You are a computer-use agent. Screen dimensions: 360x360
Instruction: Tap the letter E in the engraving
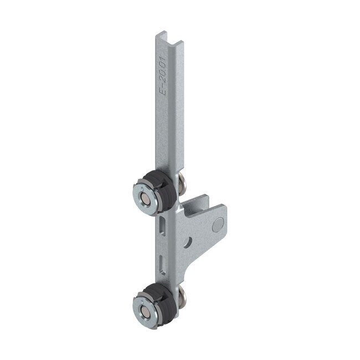(x=163, y=105)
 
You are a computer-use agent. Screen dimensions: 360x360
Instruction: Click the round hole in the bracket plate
(x=190, y=242)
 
